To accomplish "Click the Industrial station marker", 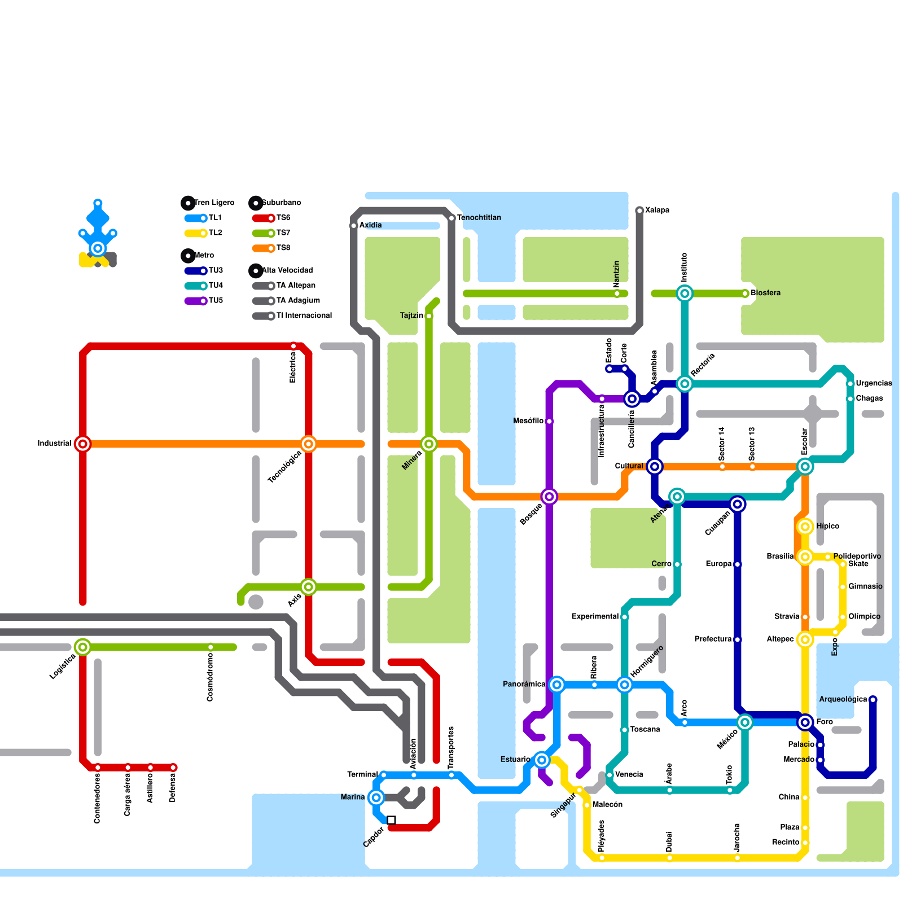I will tap(83, 444).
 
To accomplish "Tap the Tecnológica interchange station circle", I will tap(308, 444).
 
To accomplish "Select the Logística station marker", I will tap(83, 647).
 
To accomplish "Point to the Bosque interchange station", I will tap(549, 497).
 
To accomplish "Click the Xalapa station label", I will tap(657, 211).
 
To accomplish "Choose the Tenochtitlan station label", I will tap(479, 218).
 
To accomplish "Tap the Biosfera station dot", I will tap(745, 293).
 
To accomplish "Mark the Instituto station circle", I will tap(685, 293).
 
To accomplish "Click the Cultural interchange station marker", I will tap(655, 467).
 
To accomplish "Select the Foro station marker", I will tap(805, 722).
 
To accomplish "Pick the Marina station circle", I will tap(376, 797).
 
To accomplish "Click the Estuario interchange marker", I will tap(542, 760).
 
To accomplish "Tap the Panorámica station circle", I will tap(557, 685).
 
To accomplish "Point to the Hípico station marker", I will tap(805, 527).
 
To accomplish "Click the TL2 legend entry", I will tap(204, 233).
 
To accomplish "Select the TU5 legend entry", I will tap(204, 301).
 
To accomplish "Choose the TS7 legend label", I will tap(283, 233).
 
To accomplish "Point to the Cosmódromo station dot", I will tap(211, 647).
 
